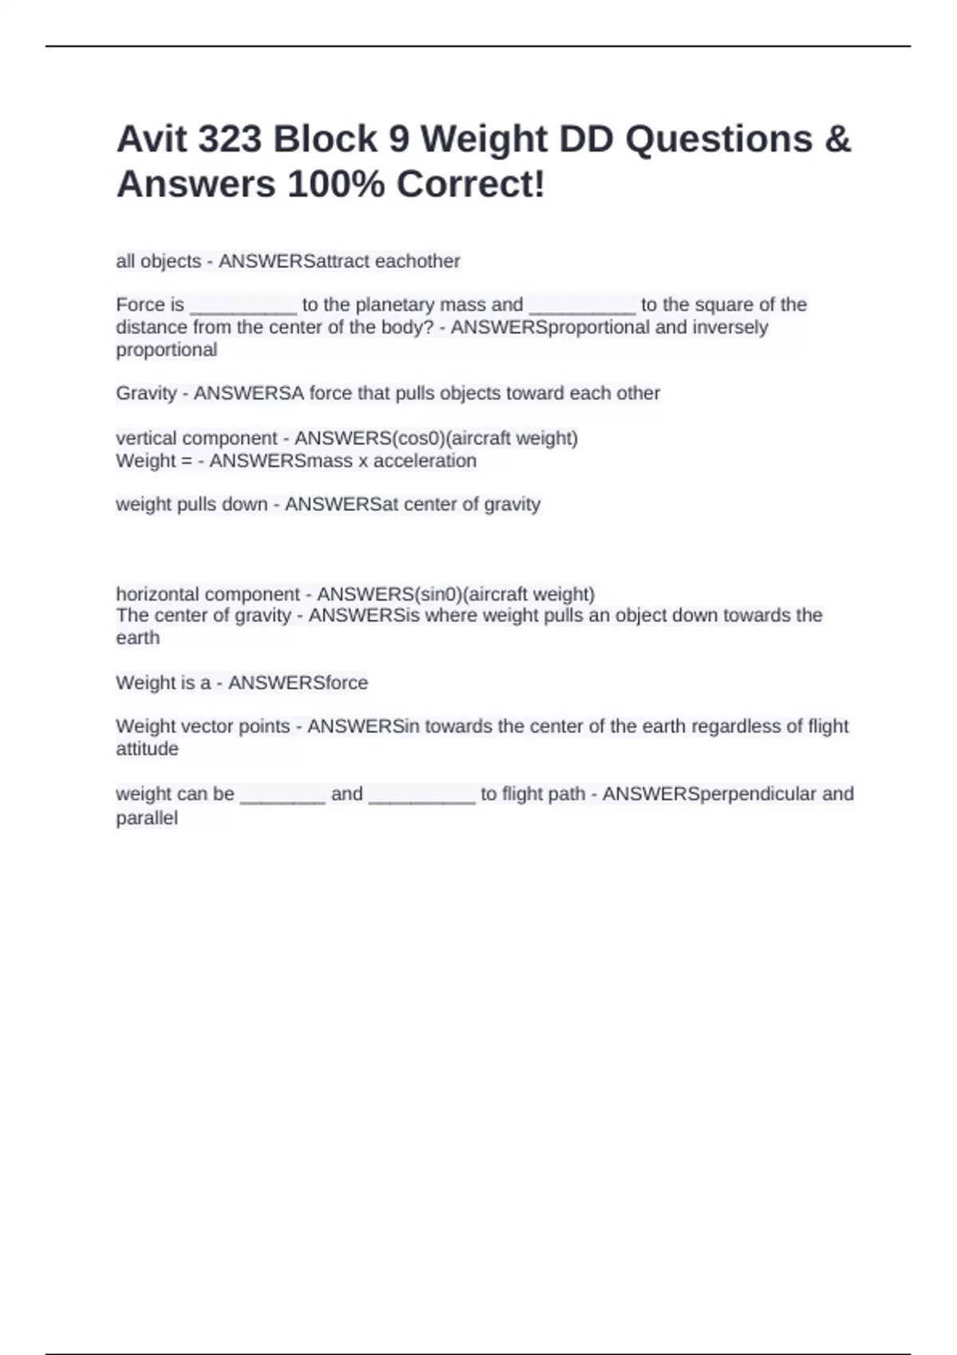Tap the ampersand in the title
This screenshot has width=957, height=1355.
tap(837, 139)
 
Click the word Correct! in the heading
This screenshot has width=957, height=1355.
tap(471, 185)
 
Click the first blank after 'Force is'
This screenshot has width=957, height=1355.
tap(243, 306)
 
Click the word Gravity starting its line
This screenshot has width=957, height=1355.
tap(146, 394)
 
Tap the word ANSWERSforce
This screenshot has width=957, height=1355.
tap(297, 683)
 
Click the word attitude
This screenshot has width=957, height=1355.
tap(147, 749)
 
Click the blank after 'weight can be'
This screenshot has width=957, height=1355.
tap(282, 795)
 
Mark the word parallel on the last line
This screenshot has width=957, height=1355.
tap(147, 819)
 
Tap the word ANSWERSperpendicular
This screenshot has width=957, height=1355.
tap(709, 794)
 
